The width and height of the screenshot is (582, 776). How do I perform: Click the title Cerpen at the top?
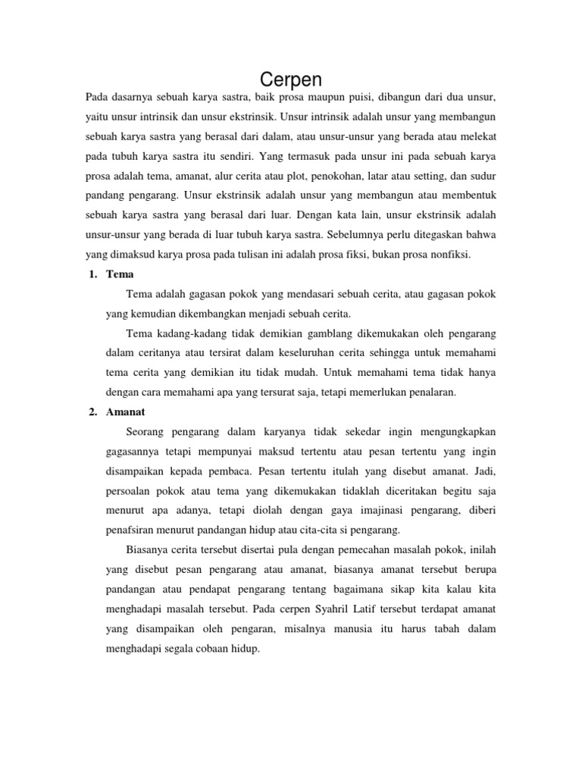point(291,80)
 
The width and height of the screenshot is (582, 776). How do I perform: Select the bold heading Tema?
point(120,274)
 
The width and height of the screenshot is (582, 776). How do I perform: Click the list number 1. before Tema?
point(86,274)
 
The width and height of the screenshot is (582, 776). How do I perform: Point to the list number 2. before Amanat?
point(86,411)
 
